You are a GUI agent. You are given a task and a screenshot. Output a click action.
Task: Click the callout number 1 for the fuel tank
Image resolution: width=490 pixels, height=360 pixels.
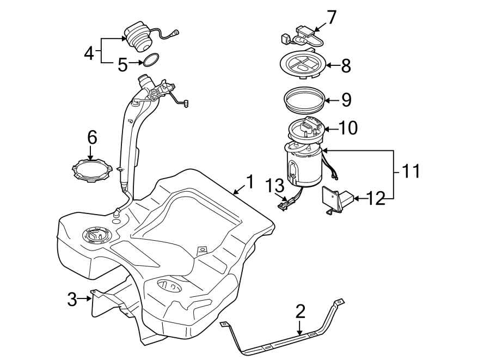pyautogui.click(x=249, y=181)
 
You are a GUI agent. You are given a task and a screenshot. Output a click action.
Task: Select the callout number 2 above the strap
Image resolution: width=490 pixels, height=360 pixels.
pyautogui.click(x=300, y=312)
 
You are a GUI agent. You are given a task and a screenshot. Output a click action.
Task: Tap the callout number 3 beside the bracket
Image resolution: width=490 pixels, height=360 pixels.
pyautogui.click(x=72, y=298)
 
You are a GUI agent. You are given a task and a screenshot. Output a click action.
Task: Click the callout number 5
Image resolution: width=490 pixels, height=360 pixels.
pyautogui.click(x=123, y=65)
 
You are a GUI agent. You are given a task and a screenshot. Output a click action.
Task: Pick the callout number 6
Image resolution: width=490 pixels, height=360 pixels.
pyautogui.click(x=92, y=138)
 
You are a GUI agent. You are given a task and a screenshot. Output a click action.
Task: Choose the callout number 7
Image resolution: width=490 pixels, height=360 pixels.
pyautogui.click(x=332, y=17)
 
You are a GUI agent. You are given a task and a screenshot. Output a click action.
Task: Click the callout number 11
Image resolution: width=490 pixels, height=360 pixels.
pyautogui.click(x=412, y=172)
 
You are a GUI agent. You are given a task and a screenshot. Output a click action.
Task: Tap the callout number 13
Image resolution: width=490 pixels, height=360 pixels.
pyautogui.click(x=275, y=185)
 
